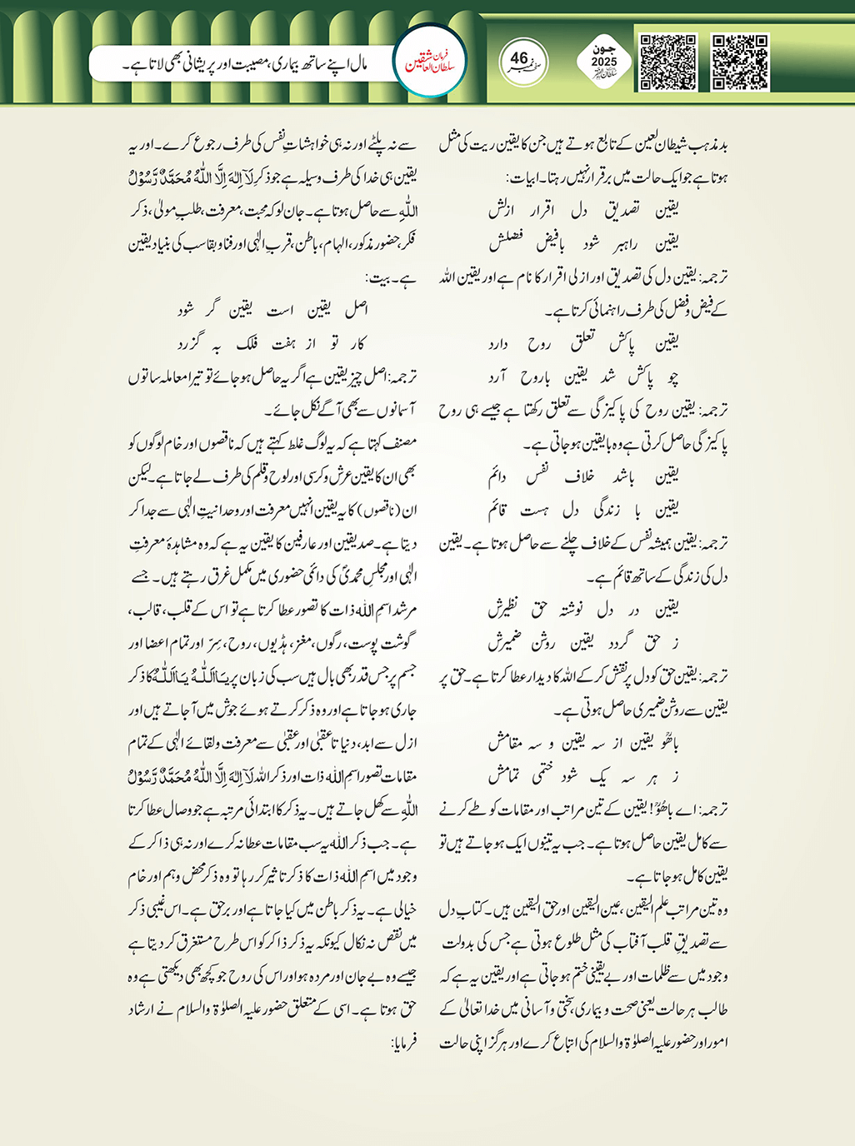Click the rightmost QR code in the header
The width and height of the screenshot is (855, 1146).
740,62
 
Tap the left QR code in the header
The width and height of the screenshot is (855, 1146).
667,62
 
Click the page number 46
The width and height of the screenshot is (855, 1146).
519,58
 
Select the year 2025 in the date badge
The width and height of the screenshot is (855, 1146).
604,62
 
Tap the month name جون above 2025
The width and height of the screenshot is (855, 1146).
604,49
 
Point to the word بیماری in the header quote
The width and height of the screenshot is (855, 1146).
286,63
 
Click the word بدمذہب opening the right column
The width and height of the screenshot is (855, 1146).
709,144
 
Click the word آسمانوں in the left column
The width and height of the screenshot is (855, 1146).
386,411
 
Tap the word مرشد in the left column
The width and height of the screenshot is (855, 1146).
399,610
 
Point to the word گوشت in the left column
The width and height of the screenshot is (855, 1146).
398,644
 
